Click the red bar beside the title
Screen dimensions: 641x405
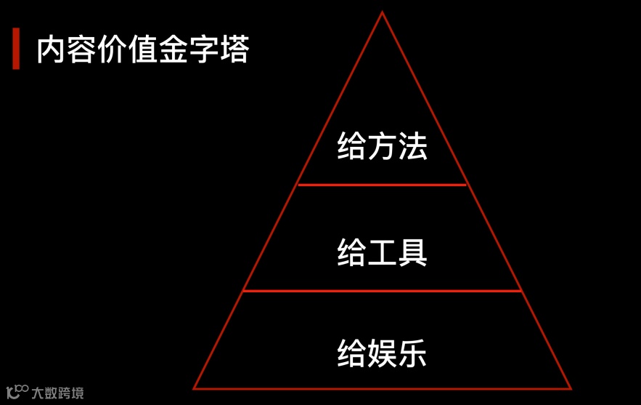[16, 49]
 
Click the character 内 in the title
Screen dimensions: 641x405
[52, 50]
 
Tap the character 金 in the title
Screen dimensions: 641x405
[172, 50]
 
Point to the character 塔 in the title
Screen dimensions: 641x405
[234, 50]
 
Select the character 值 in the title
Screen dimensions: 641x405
[142, 50]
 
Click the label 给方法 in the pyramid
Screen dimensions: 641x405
[382, 146]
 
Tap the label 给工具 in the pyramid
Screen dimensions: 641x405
[382, 252]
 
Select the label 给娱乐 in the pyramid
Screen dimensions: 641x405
[382, 353]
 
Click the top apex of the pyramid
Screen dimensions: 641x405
[382, 13]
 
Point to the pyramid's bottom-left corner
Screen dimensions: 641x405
[195, 388]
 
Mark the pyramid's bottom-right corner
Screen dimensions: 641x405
[570, 388]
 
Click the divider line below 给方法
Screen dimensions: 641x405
[382, 185]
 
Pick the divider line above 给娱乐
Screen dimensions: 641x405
[382, 291]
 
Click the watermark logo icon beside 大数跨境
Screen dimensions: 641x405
[17, 392]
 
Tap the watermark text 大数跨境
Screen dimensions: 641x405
[57, 393]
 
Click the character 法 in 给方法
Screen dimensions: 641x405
[412, 146]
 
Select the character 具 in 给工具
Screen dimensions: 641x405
[412, 252]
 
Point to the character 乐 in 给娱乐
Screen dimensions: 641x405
[412, 353]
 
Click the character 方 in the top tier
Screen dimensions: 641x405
[382, 146]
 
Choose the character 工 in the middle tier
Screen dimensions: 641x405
[382, 252]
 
